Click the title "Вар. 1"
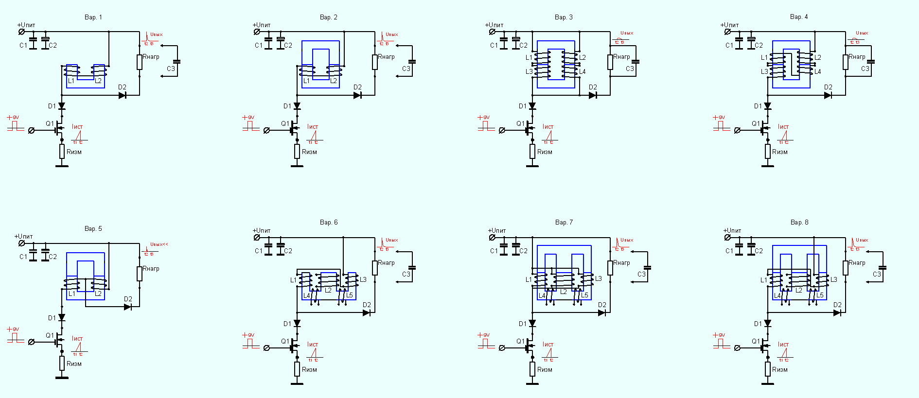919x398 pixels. tap(93, 17)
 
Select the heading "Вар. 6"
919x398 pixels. tap(329, 223)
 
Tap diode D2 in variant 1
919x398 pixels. tap(123, 95)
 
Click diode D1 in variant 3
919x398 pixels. tap(532, 106)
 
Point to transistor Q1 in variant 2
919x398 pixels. tap(293, 130)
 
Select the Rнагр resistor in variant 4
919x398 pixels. tap(846, 62)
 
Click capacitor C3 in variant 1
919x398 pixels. tap(177, 62)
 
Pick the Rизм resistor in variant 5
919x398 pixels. tap(62, 363)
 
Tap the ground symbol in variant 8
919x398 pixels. tap(768, 384)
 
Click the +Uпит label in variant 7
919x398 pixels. tap(497, 231)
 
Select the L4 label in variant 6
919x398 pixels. tap(307, 295)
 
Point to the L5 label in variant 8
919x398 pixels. tap(820, 295)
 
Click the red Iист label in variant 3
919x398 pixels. tap(548, 127)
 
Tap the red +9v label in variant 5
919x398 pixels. tap(13, 329)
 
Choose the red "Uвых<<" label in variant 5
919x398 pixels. tap(159, 244)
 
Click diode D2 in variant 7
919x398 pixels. tap(602, 313)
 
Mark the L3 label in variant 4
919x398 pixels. tap(764, 71)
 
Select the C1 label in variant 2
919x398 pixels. tap(259, 46)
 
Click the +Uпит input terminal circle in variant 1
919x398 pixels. tap(21, 32)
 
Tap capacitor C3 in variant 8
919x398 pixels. tap(883, 268)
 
